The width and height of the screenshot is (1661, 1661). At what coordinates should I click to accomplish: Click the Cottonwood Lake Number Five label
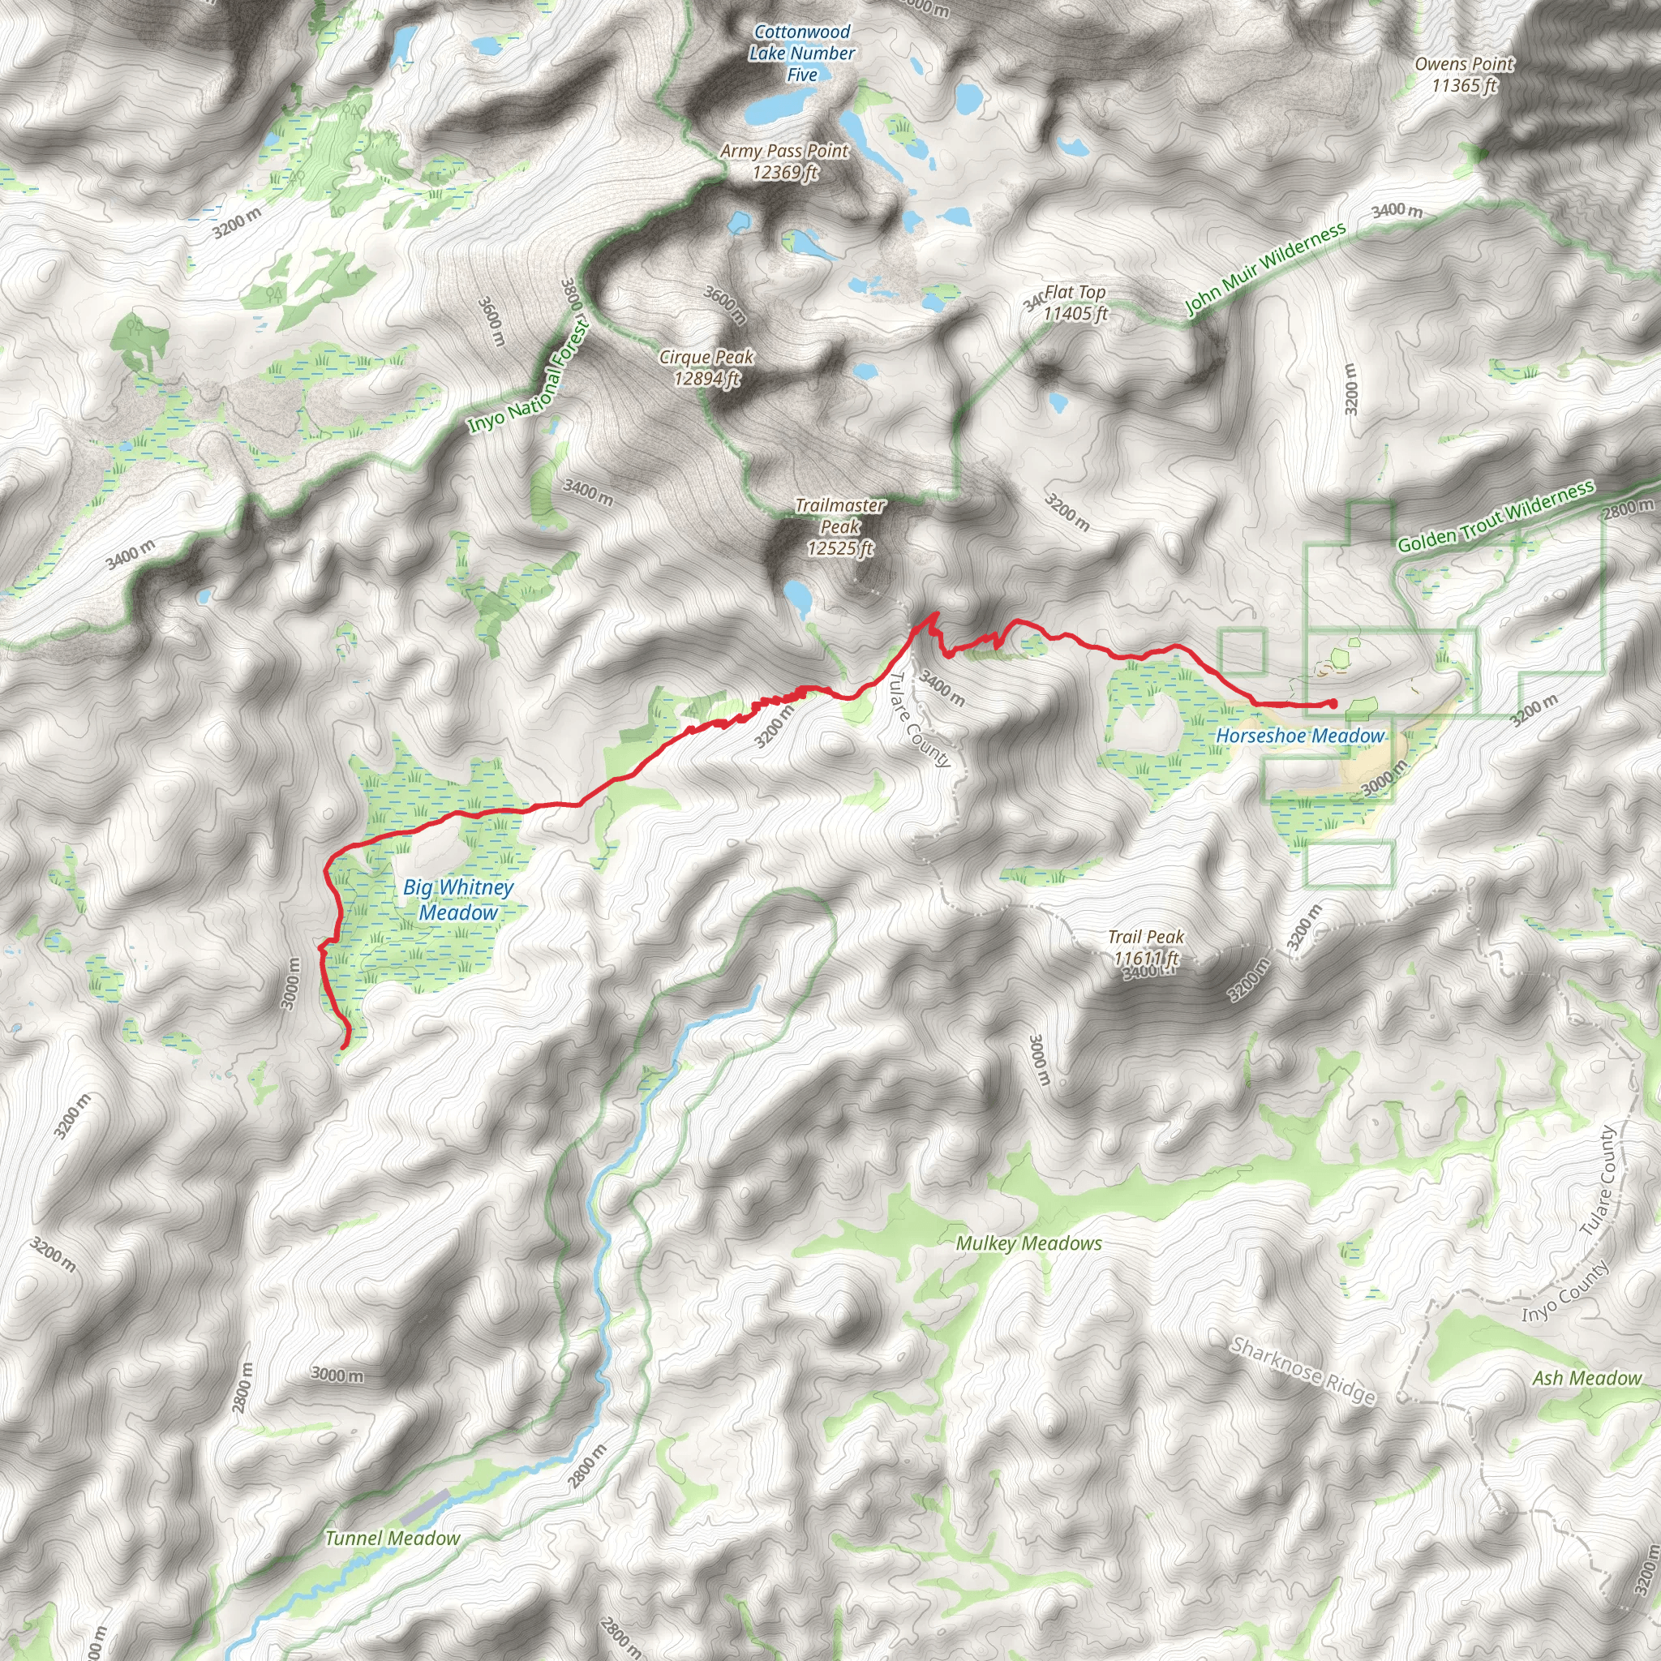pos(801,54)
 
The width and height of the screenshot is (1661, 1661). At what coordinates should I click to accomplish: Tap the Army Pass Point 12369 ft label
pos(784,161)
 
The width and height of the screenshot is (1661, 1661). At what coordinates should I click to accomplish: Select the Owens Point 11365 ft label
pos(1464,75)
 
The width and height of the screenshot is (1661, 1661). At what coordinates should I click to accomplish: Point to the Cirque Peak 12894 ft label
pos(706,367)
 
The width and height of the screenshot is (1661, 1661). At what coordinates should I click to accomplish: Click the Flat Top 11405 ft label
pos(1075,303)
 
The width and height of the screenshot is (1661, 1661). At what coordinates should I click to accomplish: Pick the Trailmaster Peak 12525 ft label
pos(839,526)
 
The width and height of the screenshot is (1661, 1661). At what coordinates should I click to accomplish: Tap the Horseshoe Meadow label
pos(1300,736)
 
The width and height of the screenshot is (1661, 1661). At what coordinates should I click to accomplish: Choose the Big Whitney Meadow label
pos(458,899)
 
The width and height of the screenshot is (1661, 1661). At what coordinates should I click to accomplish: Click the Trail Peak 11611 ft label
pos(1146,946)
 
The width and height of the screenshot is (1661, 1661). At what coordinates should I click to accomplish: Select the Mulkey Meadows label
pos(1028,1243)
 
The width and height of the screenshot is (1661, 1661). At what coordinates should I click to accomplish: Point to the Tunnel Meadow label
pos(392,1538)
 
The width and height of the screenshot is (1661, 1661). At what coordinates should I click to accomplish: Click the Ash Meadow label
pos(1586,1378)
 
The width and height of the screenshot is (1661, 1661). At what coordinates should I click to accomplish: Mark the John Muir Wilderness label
pos(1264,269)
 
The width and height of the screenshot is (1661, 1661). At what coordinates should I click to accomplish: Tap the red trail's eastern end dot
pos(1333,704)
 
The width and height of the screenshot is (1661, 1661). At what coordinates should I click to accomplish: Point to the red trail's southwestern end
pos(345,1045)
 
